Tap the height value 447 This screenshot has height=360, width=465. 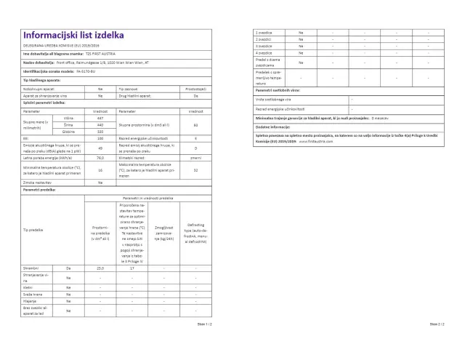point(100,118)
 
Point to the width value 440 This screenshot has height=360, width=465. point(100,124)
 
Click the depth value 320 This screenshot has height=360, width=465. point(100,131)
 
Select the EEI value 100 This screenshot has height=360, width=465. point(100,137)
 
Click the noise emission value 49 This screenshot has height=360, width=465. point(100,147)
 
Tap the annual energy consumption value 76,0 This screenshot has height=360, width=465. point(100,156)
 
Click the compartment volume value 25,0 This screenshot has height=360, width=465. point(100,268)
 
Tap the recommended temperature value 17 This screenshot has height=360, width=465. point(132,268)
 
